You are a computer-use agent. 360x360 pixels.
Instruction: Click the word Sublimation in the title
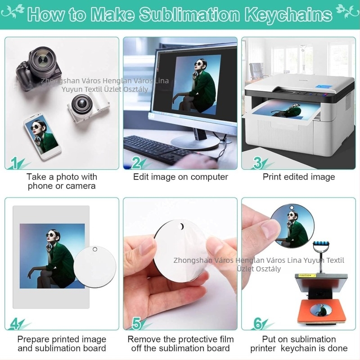click(x=189, y=15)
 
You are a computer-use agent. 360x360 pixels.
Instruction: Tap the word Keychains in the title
click(x=288, y=15)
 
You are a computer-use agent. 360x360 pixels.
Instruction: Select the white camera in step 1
click(x=88, y=106)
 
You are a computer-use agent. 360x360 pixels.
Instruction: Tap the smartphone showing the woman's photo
click(x=42, y=136)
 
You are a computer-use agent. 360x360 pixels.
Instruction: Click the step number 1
click(x=14, y=163)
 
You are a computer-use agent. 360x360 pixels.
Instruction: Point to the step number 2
click(x=136, y=163)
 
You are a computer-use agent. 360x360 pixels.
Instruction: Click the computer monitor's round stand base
click(x=195, y=142)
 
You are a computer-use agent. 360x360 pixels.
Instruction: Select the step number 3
click(x=257, y=163)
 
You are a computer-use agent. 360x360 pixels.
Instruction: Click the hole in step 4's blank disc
click(x=95, y=249)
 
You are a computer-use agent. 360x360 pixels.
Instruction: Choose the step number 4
click(x=14, y=324)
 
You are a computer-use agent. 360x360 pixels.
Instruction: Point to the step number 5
click(x=136, y=324)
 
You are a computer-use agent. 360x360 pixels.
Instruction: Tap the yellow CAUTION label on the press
click(x=306, y=275)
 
